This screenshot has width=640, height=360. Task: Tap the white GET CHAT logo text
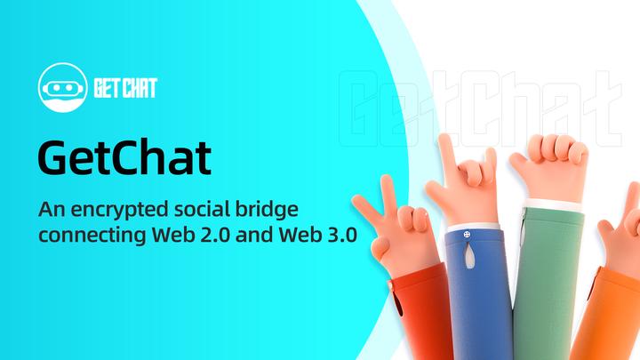pyautogui.click(x=129, y=87)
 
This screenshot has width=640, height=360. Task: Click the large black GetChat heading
pyautogui.click(x=125, y=156)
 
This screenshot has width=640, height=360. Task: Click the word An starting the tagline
pyautogui.click(x=51, y=212)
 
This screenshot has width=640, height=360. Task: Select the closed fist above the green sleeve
pyautogui.click(x=543, y=168)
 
